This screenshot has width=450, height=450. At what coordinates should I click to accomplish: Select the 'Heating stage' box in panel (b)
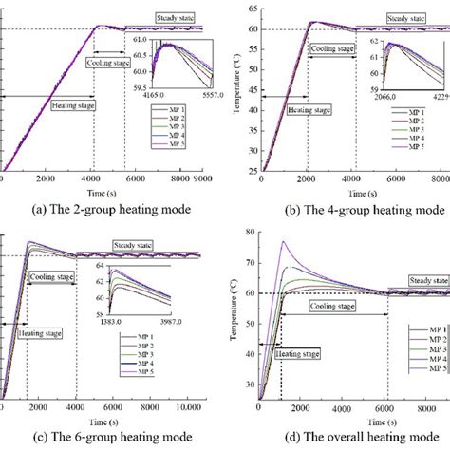tap(309, 110)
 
